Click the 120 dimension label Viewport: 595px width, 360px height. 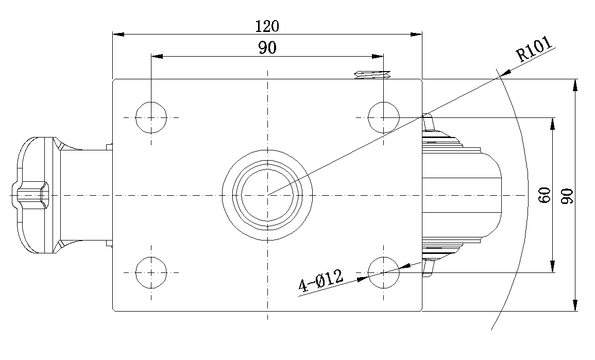coord(267,25)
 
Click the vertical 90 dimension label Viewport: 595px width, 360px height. coord(567,195)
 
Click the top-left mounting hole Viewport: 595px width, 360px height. coord(151,117)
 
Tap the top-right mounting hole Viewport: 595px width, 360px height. coord(384,117)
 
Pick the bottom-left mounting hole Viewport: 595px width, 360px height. coord(151,272)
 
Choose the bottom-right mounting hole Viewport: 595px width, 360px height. coord(384,272)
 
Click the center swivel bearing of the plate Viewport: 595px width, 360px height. coord(267,195)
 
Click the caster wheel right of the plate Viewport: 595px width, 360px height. coord(461,195)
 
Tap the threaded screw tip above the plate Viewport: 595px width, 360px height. coord(372,75)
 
